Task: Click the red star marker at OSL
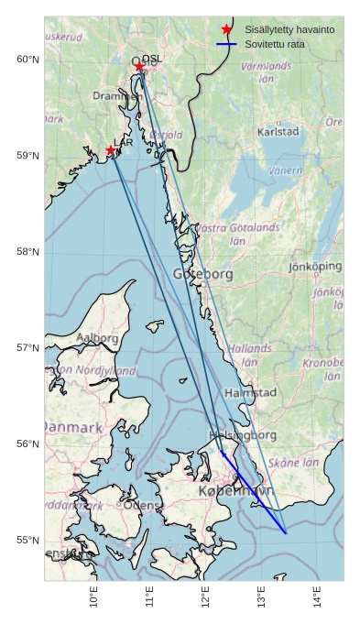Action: [x=139, y=66]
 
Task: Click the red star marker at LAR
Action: [x=111, y=150]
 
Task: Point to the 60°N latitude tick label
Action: [x=27, y=60]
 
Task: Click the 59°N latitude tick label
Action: [x=27, y=156]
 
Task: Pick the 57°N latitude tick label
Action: [x=27, y=348]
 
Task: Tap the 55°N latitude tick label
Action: [x=27, y=540]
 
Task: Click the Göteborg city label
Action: [x=202, y=274]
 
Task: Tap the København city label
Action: [x=235, y=492]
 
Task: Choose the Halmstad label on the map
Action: [x=250, y=392]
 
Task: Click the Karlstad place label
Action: [x=278, y=132]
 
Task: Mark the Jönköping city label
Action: [x=315, y=267]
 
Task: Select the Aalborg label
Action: [x=96, y=338]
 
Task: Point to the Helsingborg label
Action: [x=243, y=434]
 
